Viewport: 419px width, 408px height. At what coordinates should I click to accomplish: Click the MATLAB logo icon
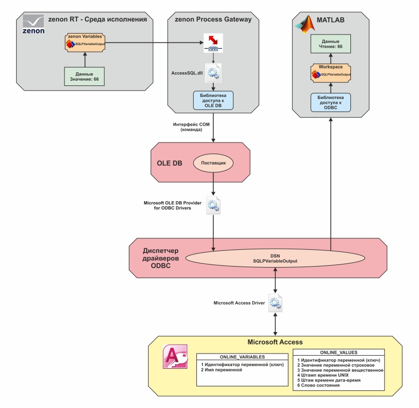tap(306, 24)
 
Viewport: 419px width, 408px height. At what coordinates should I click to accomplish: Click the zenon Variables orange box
tap(84, 42)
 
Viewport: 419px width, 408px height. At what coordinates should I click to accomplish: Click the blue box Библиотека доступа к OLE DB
tap(213, 100)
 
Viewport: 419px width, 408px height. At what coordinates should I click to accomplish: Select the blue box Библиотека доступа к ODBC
tap(330, 102)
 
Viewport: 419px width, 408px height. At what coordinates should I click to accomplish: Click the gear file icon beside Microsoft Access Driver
tap(275, 303)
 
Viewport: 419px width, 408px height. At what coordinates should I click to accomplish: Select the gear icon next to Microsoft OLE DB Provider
tap(213, 205)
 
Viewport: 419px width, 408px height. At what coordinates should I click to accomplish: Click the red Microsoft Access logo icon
tap(173, 361)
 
